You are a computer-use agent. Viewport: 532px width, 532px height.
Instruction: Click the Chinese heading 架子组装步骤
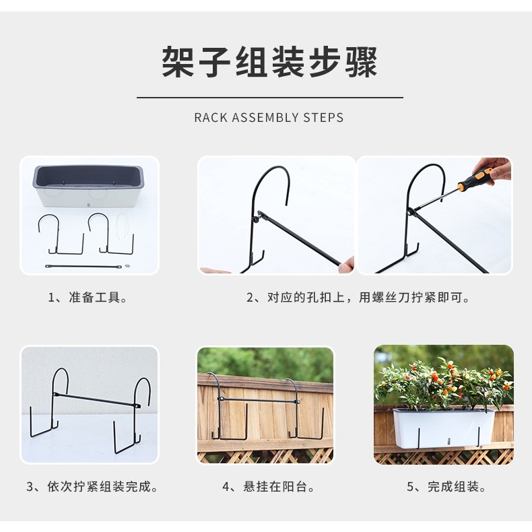point(270,62)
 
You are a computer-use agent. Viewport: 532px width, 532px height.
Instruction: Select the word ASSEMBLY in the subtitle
point(265,118)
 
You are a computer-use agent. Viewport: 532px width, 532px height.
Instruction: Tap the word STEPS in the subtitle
point(323,118)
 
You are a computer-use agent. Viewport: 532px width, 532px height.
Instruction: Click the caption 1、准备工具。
point(88,297)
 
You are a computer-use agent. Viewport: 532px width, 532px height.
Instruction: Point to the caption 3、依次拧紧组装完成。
point(93,486)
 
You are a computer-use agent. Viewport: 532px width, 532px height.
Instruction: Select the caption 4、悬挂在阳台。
point(269,486)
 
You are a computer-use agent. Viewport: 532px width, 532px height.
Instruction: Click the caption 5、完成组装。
point(446,486)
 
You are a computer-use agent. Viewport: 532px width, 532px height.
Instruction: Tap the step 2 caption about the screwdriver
point(358,297)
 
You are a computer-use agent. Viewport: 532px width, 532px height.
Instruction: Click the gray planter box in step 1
point(88,186)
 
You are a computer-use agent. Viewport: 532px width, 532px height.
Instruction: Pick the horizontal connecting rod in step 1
point(84,267)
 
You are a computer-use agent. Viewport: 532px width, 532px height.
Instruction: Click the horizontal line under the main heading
point(270,98)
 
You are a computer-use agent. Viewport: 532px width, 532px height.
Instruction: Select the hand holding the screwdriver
point(493,170)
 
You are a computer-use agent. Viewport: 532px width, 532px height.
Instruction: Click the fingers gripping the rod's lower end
point(347,265)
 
